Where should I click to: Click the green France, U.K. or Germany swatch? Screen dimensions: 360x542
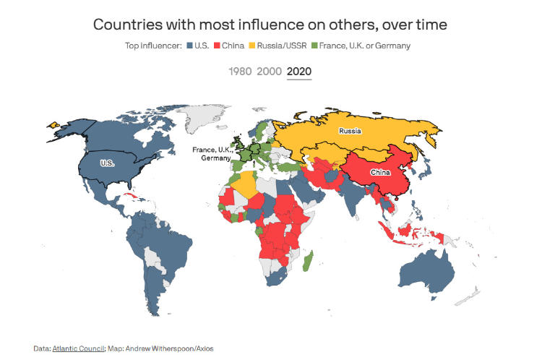coord(316,46)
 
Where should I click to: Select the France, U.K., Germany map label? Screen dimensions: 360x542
coord(211,154)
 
